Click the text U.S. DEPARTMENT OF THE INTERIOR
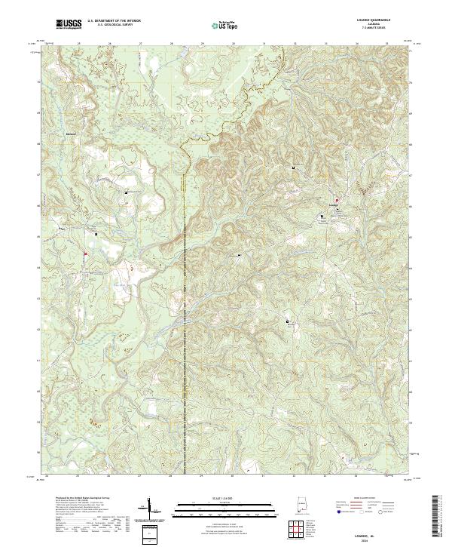point(113,22)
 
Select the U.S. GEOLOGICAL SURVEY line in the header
point(113,26)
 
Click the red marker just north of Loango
point(337,199)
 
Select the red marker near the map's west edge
point(86,254)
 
